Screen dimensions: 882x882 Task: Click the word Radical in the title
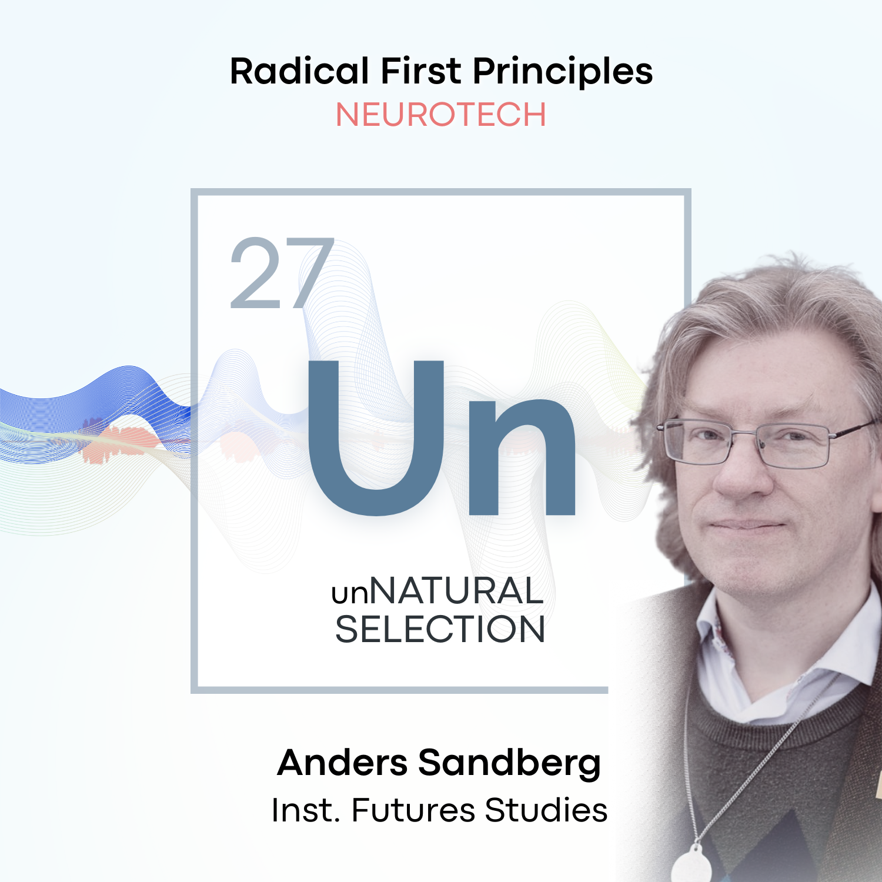tap(299, 72)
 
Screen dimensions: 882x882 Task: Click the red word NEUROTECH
tap(440, 115)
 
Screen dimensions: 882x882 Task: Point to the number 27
tap(281, 273)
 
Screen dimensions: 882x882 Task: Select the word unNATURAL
tap(437, 591)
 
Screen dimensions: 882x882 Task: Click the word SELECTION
tap(440, 630)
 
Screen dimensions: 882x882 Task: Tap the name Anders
tap(343, 763)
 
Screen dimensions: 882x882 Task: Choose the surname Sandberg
tap(509, 764)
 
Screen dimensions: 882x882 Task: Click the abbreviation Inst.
tap(306, 810)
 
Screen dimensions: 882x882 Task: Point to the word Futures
tap(413, 810)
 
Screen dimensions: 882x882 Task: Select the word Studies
tap(546, 810)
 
